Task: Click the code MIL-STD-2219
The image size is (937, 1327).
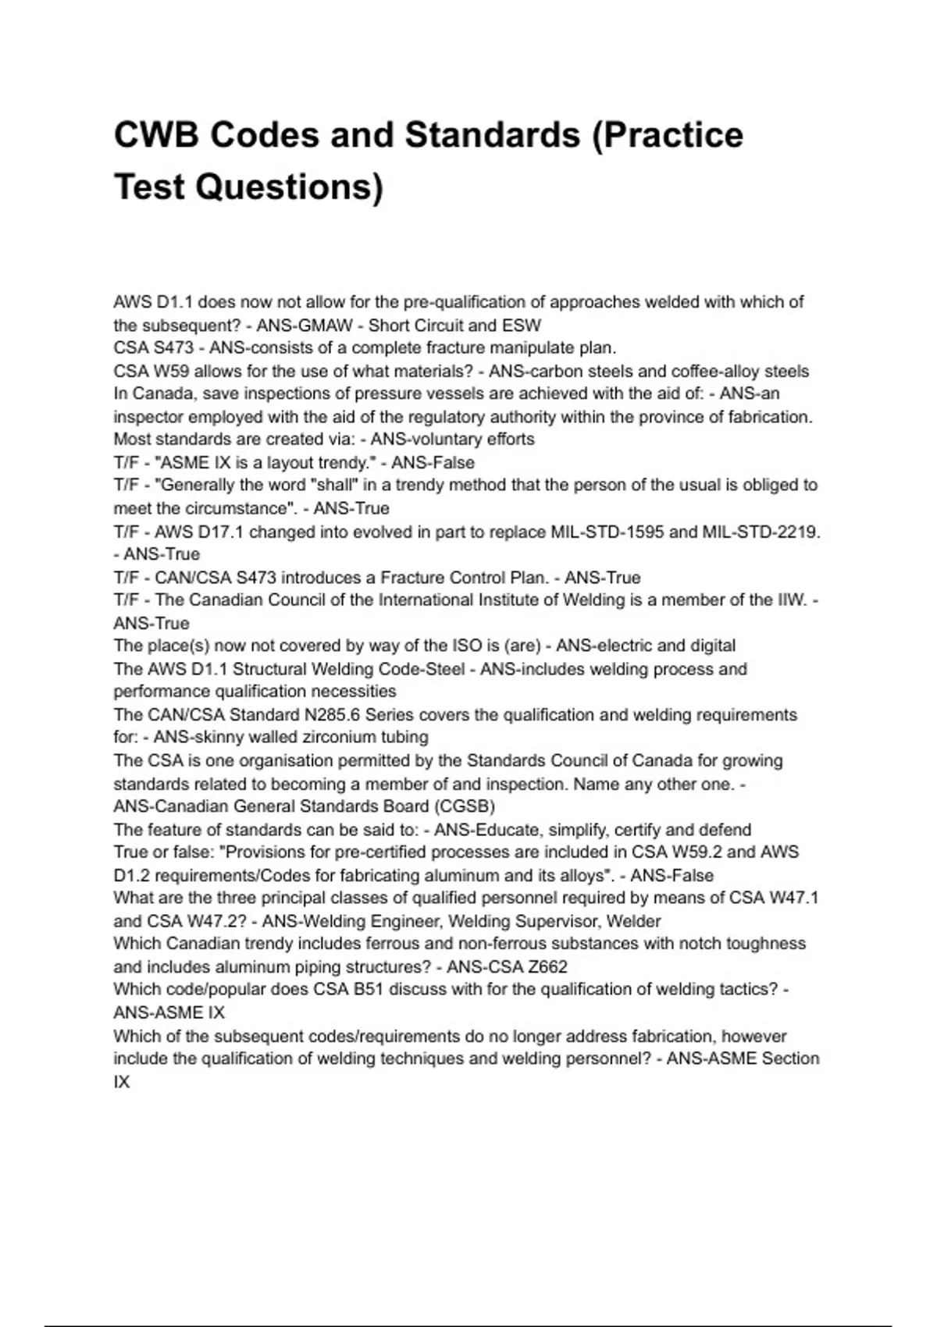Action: point(763,532)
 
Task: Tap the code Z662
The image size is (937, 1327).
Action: point(547,966)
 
